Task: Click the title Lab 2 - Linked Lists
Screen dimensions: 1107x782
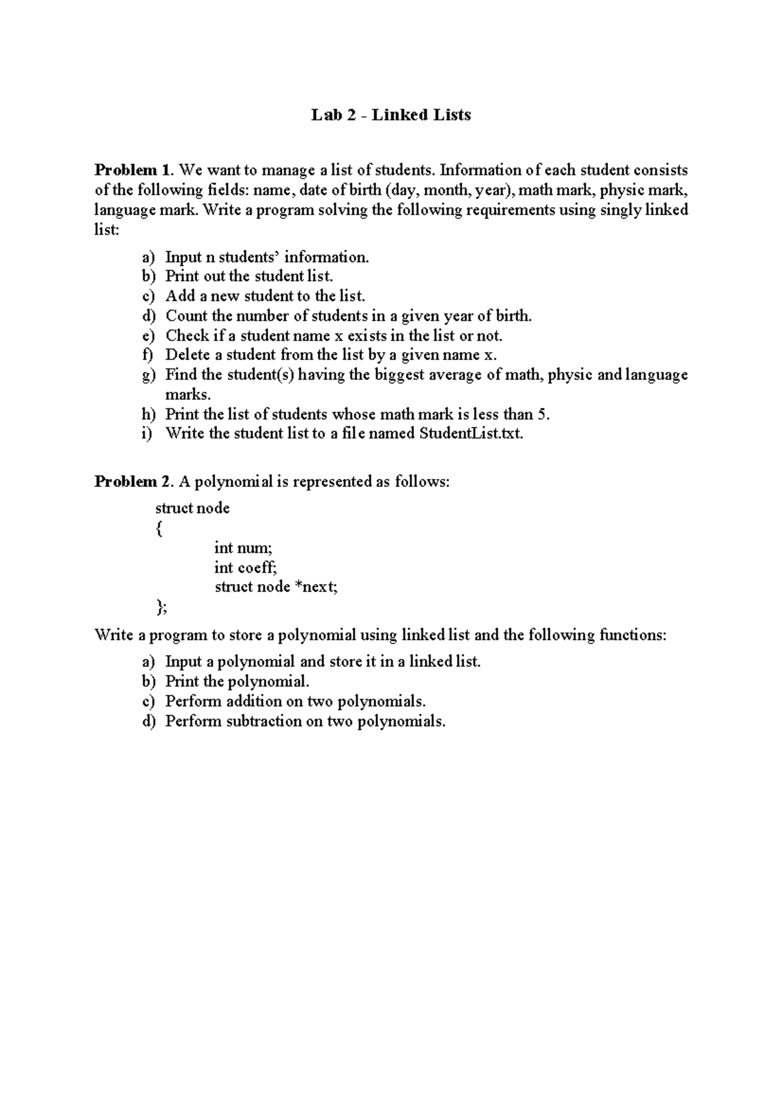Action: point(391,115)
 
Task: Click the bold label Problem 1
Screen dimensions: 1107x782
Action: point(133,171)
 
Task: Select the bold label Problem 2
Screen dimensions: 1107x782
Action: point(133,482)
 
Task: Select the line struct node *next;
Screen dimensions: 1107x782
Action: point(276,587)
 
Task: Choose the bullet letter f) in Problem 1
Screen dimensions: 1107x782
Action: point(148,355)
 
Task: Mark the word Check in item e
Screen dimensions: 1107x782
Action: point(187,336)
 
